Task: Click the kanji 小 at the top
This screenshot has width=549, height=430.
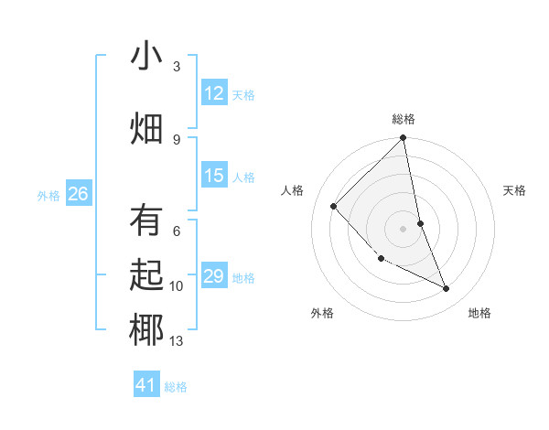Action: [146, 58]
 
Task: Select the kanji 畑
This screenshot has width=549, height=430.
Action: [146, 127]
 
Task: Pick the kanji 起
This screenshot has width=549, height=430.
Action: [146, 275]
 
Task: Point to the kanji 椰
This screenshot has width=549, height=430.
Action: [146, 329]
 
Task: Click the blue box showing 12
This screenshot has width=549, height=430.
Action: [214, 93]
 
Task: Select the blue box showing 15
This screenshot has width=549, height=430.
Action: [214, 176]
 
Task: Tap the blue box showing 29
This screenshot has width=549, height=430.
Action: [214, 276]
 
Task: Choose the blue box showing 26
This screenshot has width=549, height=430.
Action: [79, 194]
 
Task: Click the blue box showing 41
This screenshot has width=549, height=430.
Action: [146, 385]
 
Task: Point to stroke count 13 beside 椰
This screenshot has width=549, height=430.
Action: [177, 342]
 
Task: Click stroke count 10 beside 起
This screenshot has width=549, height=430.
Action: [177, 286]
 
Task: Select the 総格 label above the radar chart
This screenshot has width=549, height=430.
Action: [404, 119]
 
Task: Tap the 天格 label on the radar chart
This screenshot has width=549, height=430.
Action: [514, 190]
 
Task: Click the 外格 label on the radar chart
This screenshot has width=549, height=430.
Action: [321, 313]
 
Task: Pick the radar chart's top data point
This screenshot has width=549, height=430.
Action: [404, 138]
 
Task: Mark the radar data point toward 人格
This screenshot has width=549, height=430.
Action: [334, 206]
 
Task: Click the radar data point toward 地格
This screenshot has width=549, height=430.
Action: [447, 288]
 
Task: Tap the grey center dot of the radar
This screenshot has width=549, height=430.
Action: [404, 228]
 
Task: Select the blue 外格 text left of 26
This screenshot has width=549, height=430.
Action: [48, 195]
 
